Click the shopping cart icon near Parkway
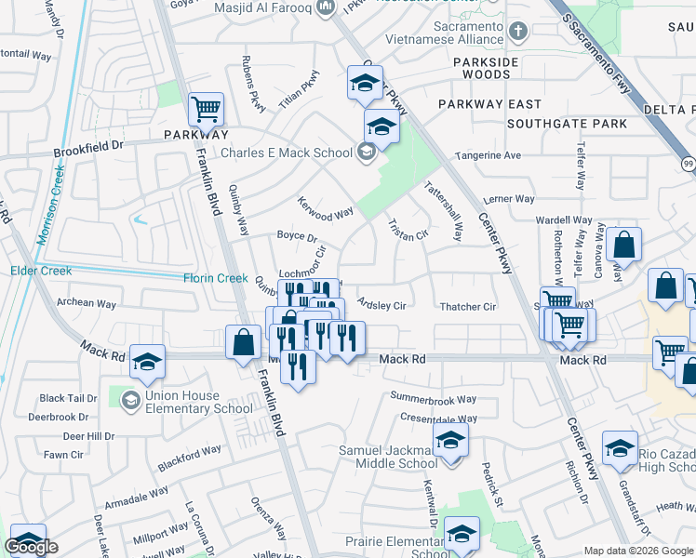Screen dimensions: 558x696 tap(206, 109)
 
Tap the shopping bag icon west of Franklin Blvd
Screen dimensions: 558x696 tap(243, 341)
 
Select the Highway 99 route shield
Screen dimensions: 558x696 tap(688, 164)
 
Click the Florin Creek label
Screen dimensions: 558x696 tap(214, 278)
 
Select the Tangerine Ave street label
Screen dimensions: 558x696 tap(488, 155)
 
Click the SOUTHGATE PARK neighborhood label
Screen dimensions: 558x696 tap(567, 123)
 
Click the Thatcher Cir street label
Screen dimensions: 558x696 tap(467, 306)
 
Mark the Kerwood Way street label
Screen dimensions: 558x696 tap(325, 208)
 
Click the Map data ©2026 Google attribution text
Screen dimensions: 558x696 tap(639, 551)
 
